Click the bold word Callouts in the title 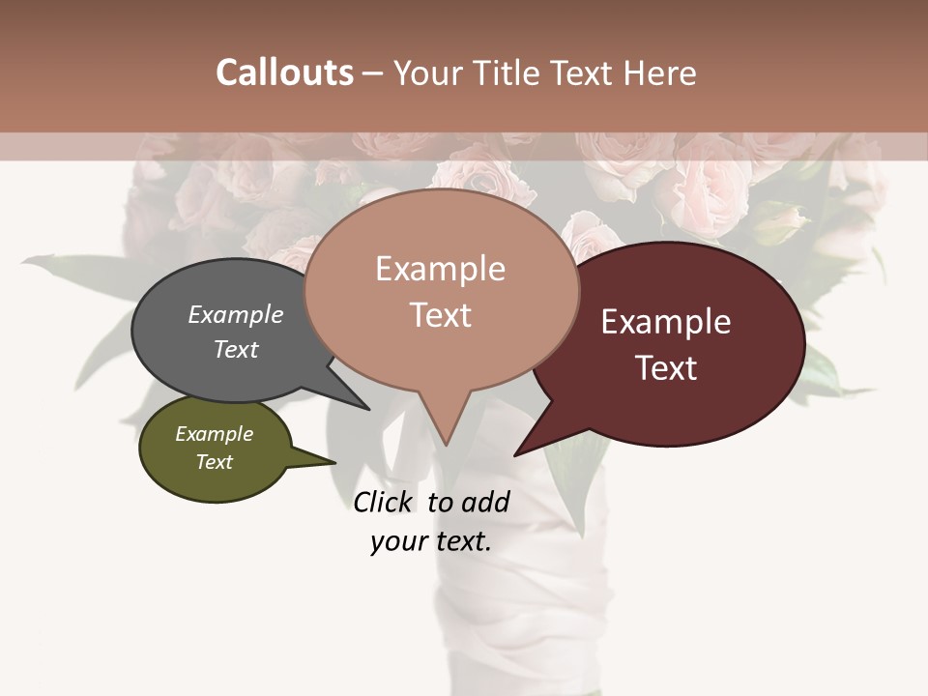coord(284,72)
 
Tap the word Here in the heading coord(661,72)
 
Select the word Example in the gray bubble coord(235,315)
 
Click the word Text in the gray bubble coord(235,349)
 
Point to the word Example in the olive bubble coord(214,434)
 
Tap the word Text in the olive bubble coord(214,462)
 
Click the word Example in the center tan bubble coord(440,269)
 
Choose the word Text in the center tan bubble coord(440,315)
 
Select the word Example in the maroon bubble coord(666,322)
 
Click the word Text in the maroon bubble coord(666,367)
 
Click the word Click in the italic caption coord(383,502)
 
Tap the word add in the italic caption coord(485,502)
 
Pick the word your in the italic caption coord(396,541)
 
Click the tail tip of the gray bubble coord(369,409)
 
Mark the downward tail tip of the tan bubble coord(446,445)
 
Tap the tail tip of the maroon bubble coord(515,454)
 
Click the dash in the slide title coord(373,72)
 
